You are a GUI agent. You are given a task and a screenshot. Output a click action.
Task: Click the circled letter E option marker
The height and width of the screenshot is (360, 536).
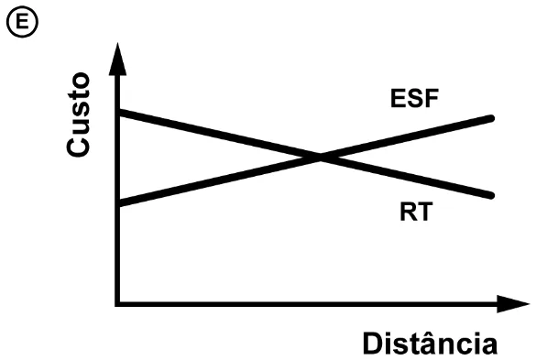click(x=22, y=22)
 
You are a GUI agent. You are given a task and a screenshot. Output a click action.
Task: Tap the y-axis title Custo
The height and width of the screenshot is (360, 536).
click(x=78, y=115)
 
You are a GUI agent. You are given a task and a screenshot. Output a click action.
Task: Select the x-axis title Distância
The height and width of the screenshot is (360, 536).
click(x=430, y=343)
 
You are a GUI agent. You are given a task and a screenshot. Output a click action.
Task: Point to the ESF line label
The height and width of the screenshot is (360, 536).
click(x=414, y=98)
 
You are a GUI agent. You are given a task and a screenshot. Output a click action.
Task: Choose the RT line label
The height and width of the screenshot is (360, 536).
click(x=416, y=212)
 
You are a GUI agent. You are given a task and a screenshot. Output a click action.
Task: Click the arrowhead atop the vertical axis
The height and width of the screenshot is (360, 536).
click(x=117, y=59)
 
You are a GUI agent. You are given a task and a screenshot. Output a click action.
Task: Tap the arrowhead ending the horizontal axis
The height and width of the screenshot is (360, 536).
click(x=513, y=303)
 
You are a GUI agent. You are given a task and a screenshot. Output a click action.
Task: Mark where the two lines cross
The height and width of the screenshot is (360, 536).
click(x=321, y=158)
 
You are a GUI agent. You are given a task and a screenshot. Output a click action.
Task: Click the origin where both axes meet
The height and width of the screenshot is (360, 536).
click(x=117, y=303)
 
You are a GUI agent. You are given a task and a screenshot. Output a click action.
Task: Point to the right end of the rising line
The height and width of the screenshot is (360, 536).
click(x=491, y=118)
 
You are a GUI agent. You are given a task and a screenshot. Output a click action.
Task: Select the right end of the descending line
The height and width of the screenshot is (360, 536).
click(x=491, y=196)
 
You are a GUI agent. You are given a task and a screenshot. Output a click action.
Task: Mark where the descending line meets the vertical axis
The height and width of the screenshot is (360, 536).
click(x=118, y=112)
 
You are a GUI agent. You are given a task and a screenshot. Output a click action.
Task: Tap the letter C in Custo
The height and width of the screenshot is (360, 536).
click(x=78, y=147)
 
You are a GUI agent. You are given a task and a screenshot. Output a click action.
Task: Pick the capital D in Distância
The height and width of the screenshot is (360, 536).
click(x=374, y=344)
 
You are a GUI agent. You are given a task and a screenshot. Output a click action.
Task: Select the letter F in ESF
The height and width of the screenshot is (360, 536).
click(x=431, y=98)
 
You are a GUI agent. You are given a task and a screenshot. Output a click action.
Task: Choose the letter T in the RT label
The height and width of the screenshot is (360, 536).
click(x=425, y=212)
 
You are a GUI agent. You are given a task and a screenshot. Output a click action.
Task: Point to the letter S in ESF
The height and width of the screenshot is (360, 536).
click(x=414, y=98)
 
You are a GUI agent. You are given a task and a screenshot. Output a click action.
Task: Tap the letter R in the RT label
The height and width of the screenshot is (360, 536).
click(x=408, y=212)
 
